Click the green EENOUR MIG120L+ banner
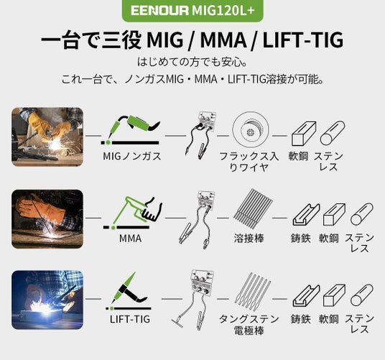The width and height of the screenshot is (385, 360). coord(192,10)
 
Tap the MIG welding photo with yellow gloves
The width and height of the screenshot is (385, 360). coord(47,137)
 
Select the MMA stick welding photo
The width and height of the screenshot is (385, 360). coord(47,218)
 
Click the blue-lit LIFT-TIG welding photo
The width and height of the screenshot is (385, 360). coord(47,300)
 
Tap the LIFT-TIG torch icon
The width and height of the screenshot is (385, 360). coord(128,291)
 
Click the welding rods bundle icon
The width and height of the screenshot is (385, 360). coord(253,208)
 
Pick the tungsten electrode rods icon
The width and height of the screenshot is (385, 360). coord(253,290)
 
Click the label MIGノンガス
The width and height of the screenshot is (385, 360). coord(132,156)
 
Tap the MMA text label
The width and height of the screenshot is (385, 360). coord(131,238)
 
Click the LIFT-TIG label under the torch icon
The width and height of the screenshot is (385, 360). coord(130,319)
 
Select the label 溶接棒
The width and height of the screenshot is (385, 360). coord(249,238)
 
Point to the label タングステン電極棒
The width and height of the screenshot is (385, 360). coord(249,325)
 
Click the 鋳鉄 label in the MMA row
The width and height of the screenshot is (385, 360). coord(300,238)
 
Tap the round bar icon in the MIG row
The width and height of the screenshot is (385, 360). coord(333,133)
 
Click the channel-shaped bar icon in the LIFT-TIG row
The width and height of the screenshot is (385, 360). coord(306,295)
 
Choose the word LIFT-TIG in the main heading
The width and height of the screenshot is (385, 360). coord(302,40)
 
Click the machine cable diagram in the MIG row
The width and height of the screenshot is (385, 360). coord(201,134)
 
